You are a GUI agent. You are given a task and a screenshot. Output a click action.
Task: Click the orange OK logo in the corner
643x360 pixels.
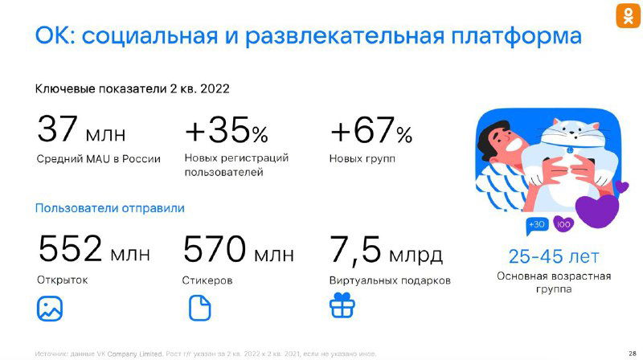click(x=628, y=16)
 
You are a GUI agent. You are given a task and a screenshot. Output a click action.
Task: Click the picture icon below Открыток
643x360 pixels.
click(x=50, y=308)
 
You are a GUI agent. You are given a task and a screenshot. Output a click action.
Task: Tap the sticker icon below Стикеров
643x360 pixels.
click(x=199, y=308)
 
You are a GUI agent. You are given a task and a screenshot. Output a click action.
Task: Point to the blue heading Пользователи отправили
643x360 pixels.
click(x=109, y=208)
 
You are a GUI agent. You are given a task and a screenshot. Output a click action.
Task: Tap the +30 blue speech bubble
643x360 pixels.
click(x=536, y=224)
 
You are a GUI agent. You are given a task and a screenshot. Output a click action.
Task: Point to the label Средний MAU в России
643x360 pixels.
click(x=98, y=159)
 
